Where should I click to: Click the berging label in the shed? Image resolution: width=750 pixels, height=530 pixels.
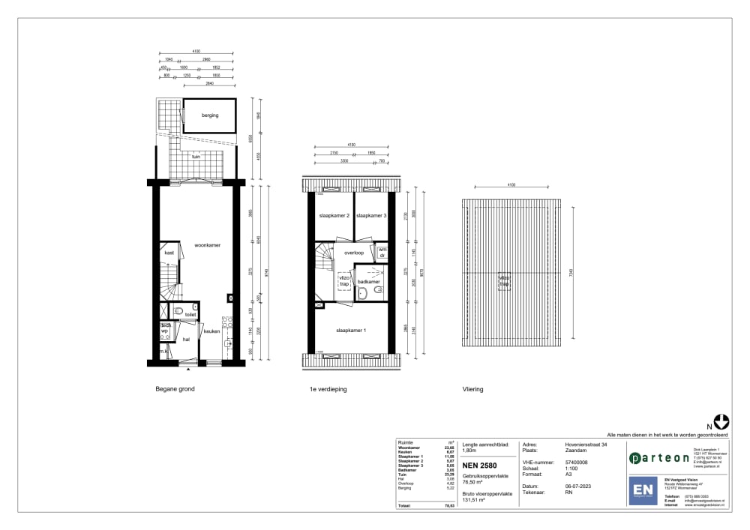tap(210, 115)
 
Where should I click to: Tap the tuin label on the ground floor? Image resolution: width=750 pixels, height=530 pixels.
tap(196, 157)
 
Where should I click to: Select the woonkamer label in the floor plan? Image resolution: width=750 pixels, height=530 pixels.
tap(206, 245)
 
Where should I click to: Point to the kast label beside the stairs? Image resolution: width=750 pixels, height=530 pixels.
tap(169, 253)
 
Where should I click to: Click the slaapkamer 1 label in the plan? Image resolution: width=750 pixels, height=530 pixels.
tap(351, 331)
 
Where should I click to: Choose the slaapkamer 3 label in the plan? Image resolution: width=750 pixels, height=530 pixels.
tap(371, 216)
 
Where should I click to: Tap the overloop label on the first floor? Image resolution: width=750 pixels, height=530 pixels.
tap(354, 253)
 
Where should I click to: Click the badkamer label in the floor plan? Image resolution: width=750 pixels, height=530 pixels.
tap(368, 282)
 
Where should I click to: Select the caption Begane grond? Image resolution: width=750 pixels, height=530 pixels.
tap(175, 390)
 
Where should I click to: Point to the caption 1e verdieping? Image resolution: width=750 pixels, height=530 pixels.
tap(328, 390)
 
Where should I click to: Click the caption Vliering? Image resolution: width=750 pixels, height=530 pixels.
tap(472, 390)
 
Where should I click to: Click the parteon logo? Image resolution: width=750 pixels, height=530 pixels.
tap(659, 458)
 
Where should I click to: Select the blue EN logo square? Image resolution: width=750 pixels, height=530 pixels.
tap(642, 490)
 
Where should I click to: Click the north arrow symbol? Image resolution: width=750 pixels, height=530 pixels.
tap(722, 424)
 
